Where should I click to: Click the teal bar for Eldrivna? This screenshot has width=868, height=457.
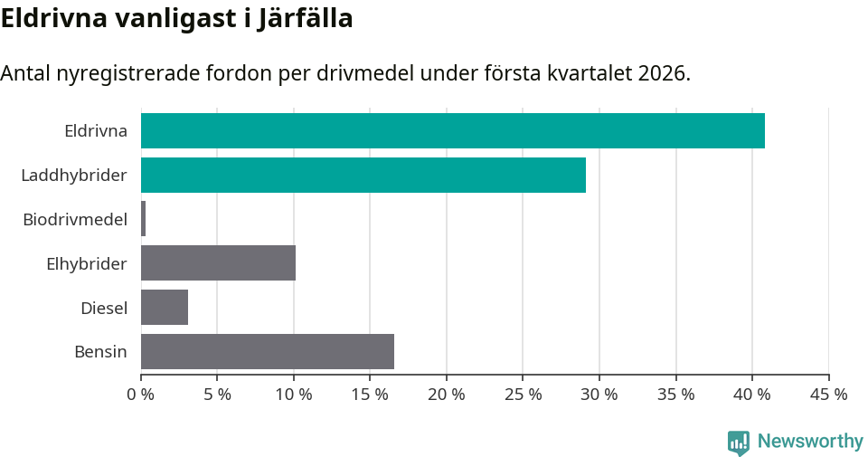452,130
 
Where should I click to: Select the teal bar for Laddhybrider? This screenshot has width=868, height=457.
363,175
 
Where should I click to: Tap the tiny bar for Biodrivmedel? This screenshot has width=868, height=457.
143,219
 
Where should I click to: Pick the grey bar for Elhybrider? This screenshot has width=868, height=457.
218,263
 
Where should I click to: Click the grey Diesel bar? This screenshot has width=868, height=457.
165,308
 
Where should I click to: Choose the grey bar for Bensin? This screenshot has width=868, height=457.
268,351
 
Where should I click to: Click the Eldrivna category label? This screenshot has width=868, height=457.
95,130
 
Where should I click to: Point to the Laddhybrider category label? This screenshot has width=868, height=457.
74,175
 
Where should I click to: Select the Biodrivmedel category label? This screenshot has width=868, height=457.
75,219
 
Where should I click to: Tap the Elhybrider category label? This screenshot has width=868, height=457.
87,263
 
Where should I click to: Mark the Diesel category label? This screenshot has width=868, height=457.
104,308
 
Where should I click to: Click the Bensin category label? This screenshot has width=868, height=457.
100,351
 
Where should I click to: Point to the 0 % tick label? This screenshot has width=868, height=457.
141,395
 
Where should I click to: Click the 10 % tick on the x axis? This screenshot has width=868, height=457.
294,395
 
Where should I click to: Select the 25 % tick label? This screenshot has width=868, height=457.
523,395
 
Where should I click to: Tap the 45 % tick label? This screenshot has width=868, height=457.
828,395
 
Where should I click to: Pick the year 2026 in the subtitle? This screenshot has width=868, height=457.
662,73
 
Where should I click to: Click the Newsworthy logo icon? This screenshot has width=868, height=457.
739,442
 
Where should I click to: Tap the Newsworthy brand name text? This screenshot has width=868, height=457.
810,442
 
